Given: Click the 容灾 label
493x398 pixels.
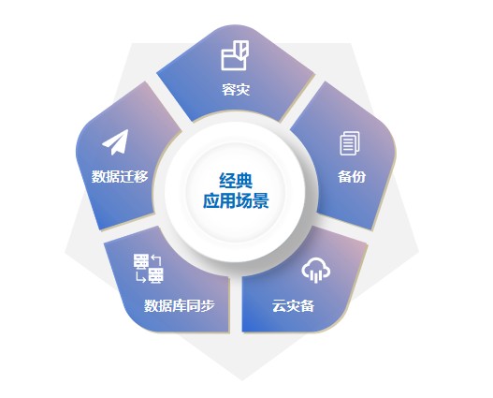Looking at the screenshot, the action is tap(236, 89).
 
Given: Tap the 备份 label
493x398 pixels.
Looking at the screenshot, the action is tap(352, 176).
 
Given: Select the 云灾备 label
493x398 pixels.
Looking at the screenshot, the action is tap(293, 305).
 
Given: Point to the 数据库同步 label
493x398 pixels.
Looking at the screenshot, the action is tap(180, 305).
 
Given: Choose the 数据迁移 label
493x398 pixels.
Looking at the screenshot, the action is tap(120, 176).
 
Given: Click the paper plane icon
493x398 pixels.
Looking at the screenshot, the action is tap(116, 142).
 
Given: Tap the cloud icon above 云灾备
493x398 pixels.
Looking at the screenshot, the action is tap(316, 270).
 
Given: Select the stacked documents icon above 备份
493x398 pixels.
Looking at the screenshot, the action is tap(350, 143).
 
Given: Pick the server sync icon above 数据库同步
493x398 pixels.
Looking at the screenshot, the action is tap(149, 269).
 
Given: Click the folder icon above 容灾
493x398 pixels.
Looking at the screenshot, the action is tap(235, 55).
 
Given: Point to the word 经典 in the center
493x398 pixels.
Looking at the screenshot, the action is tap(236, 181).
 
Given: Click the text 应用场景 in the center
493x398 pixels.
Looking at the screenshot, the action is tap(236, 200).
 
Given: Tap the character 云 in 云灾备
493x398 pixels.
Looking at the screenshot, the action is tap(279, 305).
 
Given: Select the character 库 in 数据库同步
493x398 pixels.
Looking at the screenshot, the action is tap(180, 305).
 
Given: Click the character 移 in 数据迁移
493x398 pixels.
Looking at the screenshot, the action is tap(141, 176).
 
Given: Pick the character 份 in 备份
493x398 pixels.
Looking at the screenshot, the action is tap(358, 176).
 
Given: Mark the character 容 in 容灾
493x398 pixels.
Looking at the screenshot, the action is tap(228, 89).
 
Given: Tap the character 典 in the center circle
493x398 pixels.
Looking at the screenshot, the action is tap(244, 181).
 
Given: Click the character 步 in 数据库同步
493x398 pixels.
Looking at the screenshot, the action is tap(208, 305).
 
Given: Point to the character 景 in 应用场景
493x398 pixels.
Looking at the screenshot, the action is tap(261, 200).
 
